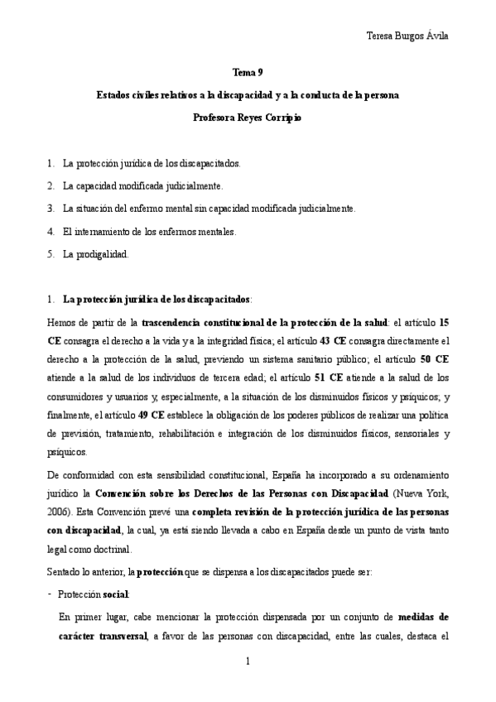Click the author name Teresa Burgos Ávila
412,35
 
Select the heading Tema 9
248,73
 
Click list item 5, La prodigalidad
95,255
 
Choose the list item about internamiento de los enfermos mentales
149,232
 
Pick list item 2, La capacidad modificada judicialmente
142,186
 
